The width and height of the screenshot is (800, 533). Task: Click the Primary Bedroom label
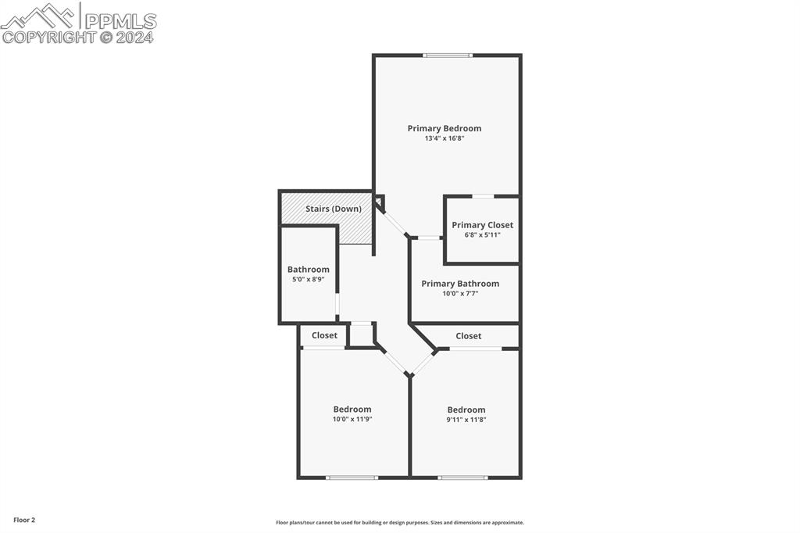pos(445,129)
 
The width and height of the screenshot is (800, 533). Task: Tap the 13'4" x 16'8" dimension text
pos(445,138)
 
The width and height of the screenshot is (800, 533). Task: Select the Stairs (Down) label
pos(334,209)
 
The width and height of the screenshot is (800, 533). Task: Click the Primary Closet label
pos(483,225)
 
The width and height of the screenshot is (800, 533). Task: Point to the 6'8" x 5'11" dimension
pos(483,235)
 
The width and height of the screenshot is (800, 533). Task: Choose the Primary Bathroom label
pos(460,284)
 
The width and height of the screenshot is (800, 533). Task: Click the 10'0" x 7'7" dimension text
pos(460,294)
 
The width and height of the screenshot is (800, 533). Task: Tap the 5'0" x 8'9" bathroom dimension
pos(308,279)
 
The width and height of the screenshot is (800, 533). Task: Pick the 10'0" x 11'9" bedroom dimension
pos(352,419)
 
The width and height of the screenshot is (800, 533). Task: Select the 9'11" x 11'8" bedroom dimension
pos(466,420)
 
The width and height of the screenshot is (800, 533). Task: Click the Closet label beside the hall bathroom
pos(324,335)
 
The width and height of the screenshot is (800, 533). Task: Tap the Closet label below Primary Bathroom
pos(469,336)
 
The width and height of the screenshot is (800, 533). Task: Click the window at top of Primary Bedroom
pos(448,55)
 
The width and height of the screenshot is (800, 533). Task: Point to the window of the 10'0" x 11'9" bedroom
pos(352,478)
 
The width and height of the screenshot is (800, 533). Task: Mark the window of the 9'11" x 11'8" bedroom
pos(462,478)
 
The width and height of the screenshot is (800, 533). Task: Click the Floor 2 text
pos(24,520)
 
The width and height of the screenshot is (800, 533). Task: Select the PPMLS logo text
pos(120,21)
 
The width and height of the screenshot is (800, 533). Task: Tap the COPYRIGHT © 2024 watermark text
pos(77,38)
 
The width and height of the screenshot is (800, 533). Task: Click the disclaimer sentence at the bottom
pos(400,523)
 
